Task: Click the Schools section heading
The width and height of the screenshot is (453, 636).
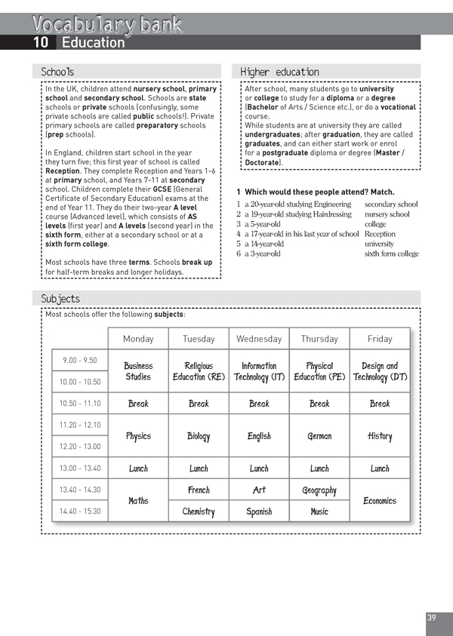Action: pos(57,72)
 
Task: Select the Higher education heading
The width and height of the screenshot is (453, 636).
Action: pos(279,72)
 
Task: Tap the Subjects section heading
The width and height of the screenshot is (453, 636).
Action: pos(60,299)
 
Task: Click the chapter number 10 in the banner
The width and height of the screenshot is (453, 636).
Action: pos(42,43)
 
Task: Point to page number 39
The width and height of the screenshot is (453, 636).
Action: pos(431,618)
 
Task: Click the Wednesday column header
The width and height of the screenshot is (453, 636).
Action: pos(259,339)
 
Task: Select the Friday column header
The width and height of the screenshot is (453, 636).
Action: pos(380,339)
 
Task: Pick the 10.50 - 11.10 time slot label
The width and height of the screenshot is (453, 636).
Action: pos(79,404)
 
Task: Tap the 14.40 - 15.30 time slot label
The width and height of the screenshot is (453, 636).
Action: pos(79,512)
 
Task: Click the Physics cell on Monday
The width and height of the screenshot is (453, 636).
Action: pos(138,436)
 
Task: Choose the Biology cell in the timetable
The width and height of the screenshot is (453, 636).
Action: pos(199,436)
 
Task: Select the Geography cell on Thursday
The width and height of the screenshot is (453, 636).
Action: pos(319,490)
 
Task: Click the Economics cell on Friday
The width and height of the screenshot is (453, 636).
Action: pos(380,501)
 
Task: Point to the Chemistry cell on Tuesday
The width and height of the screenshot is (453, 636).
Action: pos(199,512)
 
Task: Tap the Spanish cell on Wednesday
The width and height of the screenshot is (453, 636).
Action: pos(259,512)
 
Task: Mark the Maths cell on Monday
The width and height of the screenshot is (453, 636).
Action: pos(138,501)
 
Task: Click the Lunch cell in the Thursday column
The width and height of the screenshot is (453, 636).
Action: pos(319,469)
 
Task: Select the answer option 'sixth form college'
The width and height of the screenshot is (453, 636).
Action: pos(391,253)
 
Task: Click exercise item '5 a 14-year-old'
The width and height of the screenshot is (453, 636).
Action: pos(260,244)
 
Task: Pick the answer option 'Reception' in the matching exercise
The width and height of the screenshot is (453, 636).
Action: pos(380,234)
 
